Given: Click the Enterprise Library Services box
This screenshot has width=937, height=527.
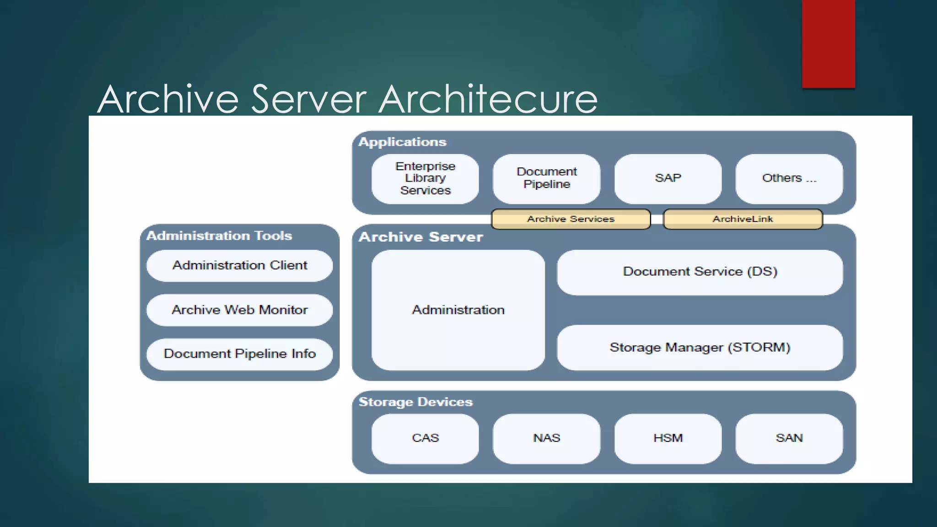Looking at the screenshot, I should point(425,178).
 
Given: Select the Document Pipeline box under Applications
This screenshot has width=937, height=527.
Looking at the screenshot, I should point(546,178).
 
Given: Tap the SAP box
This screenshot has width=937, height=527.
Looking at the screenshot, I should point(668,178).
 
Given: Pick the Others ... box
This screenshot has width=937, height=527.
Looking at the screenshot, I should point(789,178).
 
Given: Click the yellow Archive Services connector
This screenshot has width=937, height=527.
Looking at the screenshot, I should point(571,219).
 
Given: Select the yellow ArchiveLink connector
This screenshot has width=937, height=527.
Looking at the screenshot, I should point(743,219).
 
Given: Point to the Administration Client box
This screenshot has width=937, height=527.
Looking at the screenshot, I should point(239,265).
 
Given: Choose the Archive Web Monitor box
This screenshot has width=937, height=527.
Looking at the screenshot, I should point(239,310).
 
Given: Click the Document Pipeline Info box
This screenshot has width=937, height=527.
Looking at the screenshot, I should point(239,354).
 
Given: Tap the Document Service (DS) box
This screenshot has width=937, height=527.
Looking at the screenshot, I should point(700,272).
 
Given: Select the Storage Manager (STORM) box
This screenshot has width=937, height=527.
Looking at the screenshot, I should point(700,348).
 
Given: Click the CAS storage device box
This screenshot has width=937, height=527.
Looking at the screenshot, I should point(425,438).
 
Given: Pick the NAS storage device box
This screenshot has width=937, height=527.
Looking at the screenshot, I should point(546,438).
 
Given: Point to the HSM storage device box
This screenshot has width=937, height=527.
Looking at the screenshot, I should point(668,438).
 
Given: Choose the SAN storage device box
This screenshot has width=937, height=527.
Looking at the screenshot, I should point(789,438).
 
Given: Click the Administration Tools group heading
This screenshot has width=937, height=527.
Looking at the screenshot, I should point(219,236).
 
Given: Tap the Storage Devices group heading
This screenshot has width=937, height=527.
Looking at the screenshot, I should point(415,402).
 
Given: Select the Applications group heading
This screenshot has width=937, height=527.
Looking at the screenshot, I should point(402,142).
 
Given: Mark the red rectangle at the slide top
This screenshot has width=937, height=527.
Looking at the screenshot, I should point(828,43).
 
